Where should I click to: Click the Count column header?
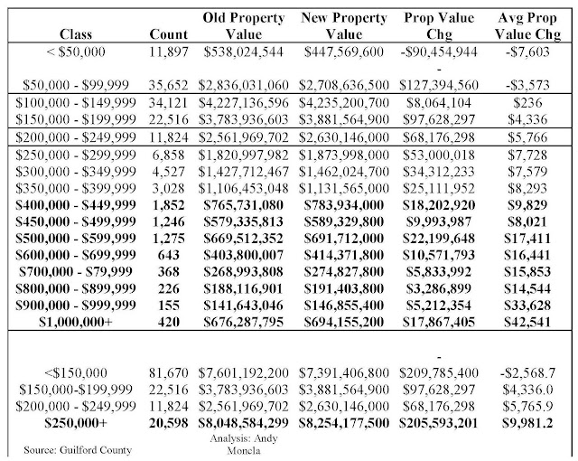coord(168,35)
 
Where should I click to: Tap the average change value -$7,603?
coord(530,52)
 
